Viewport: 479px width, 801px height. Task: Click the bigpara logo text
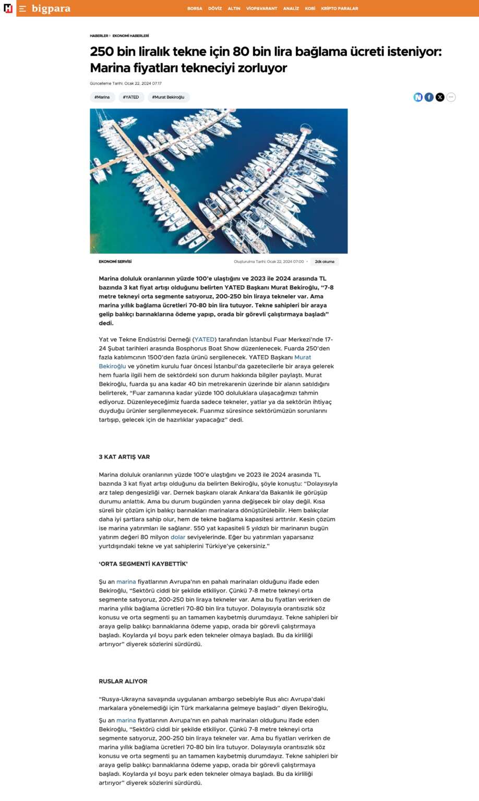pos(51,8)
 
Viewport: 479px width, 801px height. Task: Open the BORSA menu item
pos(195,9)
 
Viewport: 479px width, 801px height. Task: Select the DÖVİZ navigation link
pos(215,9)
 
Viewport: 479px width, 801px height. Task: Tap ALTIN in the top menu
pos(234,9)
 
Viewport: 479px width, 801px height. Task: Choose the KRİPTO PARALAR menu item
pos(339,9)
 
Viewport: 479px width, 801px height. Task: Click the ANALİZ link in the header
pos(291,9)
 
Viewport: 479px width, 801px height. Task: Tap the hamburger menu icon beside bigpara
pos(22,9)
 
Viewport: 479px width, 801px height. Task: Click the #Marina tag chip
pos(102,97)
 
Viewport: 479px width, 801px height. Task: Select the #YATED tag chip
pos(131,97)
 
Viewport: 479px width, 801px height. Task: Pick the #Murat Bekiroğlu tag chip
pos(168,97)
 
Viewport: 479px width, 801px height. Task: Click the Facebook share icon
pos(429,97)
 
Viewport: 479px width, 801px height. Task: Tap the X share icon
pos(440,97)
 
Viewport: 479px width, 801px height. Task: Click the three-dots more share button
pos(451,97)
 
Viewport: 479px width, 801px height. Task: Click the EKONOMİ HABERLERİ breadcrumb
pos(130,36)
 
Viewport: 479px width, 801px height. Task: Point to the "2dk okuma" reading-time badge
pos(325,262)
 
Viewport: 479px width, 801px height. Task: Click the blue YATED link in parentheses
pos(205,339)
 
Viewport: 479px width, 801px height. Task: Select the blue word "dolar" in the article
pos(178,537)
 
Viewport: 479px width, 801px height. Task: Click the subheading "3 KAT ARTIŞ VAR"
pos(124,457)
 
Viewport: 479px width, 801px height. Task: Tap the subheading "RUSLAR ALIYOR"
pos(123,682)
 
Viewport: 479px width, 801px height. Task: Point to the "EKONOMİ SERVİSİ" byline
pos(115,262)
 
